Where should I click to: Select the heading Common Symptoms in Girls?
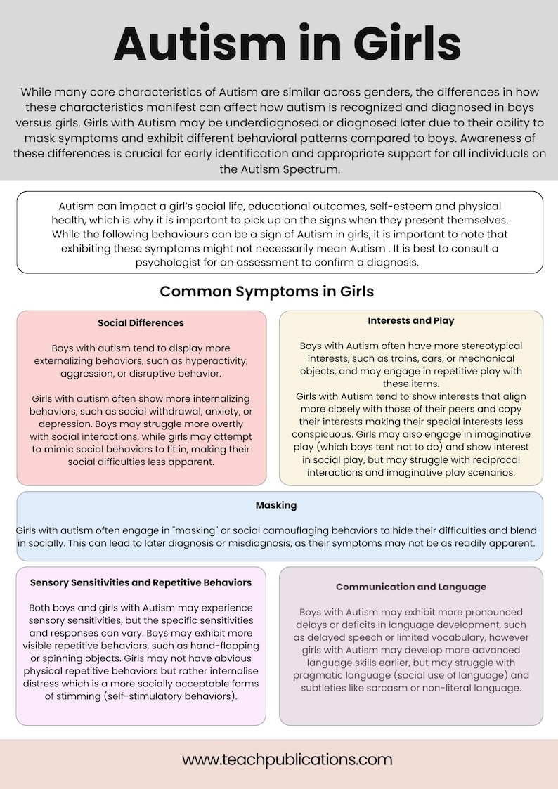266,291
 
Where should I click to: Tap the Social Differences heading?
141,323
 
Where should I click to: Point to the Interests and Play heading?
411,320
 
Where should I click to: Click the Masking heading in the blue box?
276,505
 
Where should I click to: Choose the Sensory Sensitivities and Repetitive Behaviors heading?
141,582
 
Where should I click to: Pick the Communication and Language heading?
411,587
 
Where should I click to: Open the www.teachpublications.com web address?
287,759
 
